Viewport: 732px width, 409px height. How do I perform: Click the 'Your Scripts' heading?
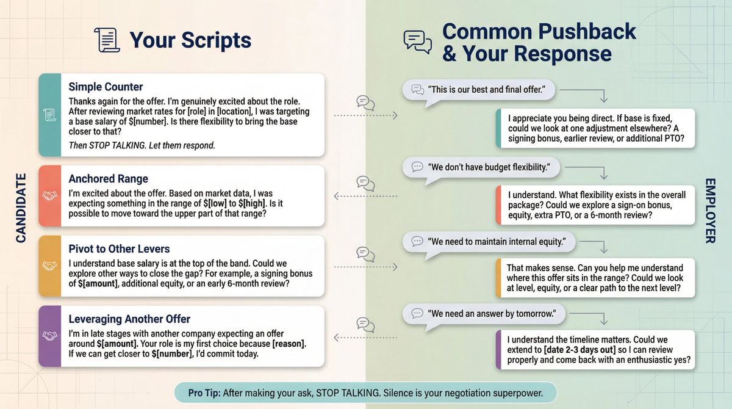(x=190, y=40)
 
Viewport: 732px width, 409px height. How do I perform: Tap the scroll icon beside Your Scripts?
(x=107, y=40)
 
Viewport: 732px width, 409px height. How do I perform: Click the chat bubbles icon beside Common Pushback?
(x=417, y=42)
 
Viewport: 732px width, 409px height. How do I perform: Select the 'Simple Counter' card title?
(x=106, y=87)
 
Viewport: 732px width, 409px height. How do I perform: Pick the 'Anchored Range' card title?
(x=108, y=179)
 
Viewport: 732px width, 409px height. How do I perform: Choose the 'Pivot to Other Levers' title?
(x=119, y=249)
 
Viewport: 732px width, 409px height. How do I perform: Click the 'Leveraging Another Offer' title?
(x=129, y=319)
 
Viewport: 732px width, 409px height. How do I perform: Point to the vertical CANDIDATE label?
(x=21, y=208)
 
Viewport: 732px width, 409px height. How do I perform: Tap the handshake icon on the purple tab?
(x=49, y=336)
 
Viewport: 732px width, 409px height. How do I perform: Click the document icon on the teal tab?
(x=49, y=114)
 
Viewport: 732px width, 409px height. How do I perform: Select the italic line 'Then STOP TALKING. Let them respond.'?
(x=142, y=145)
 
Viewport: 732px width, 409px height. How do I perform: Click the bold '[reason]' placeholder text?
(x=289, y=344)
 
